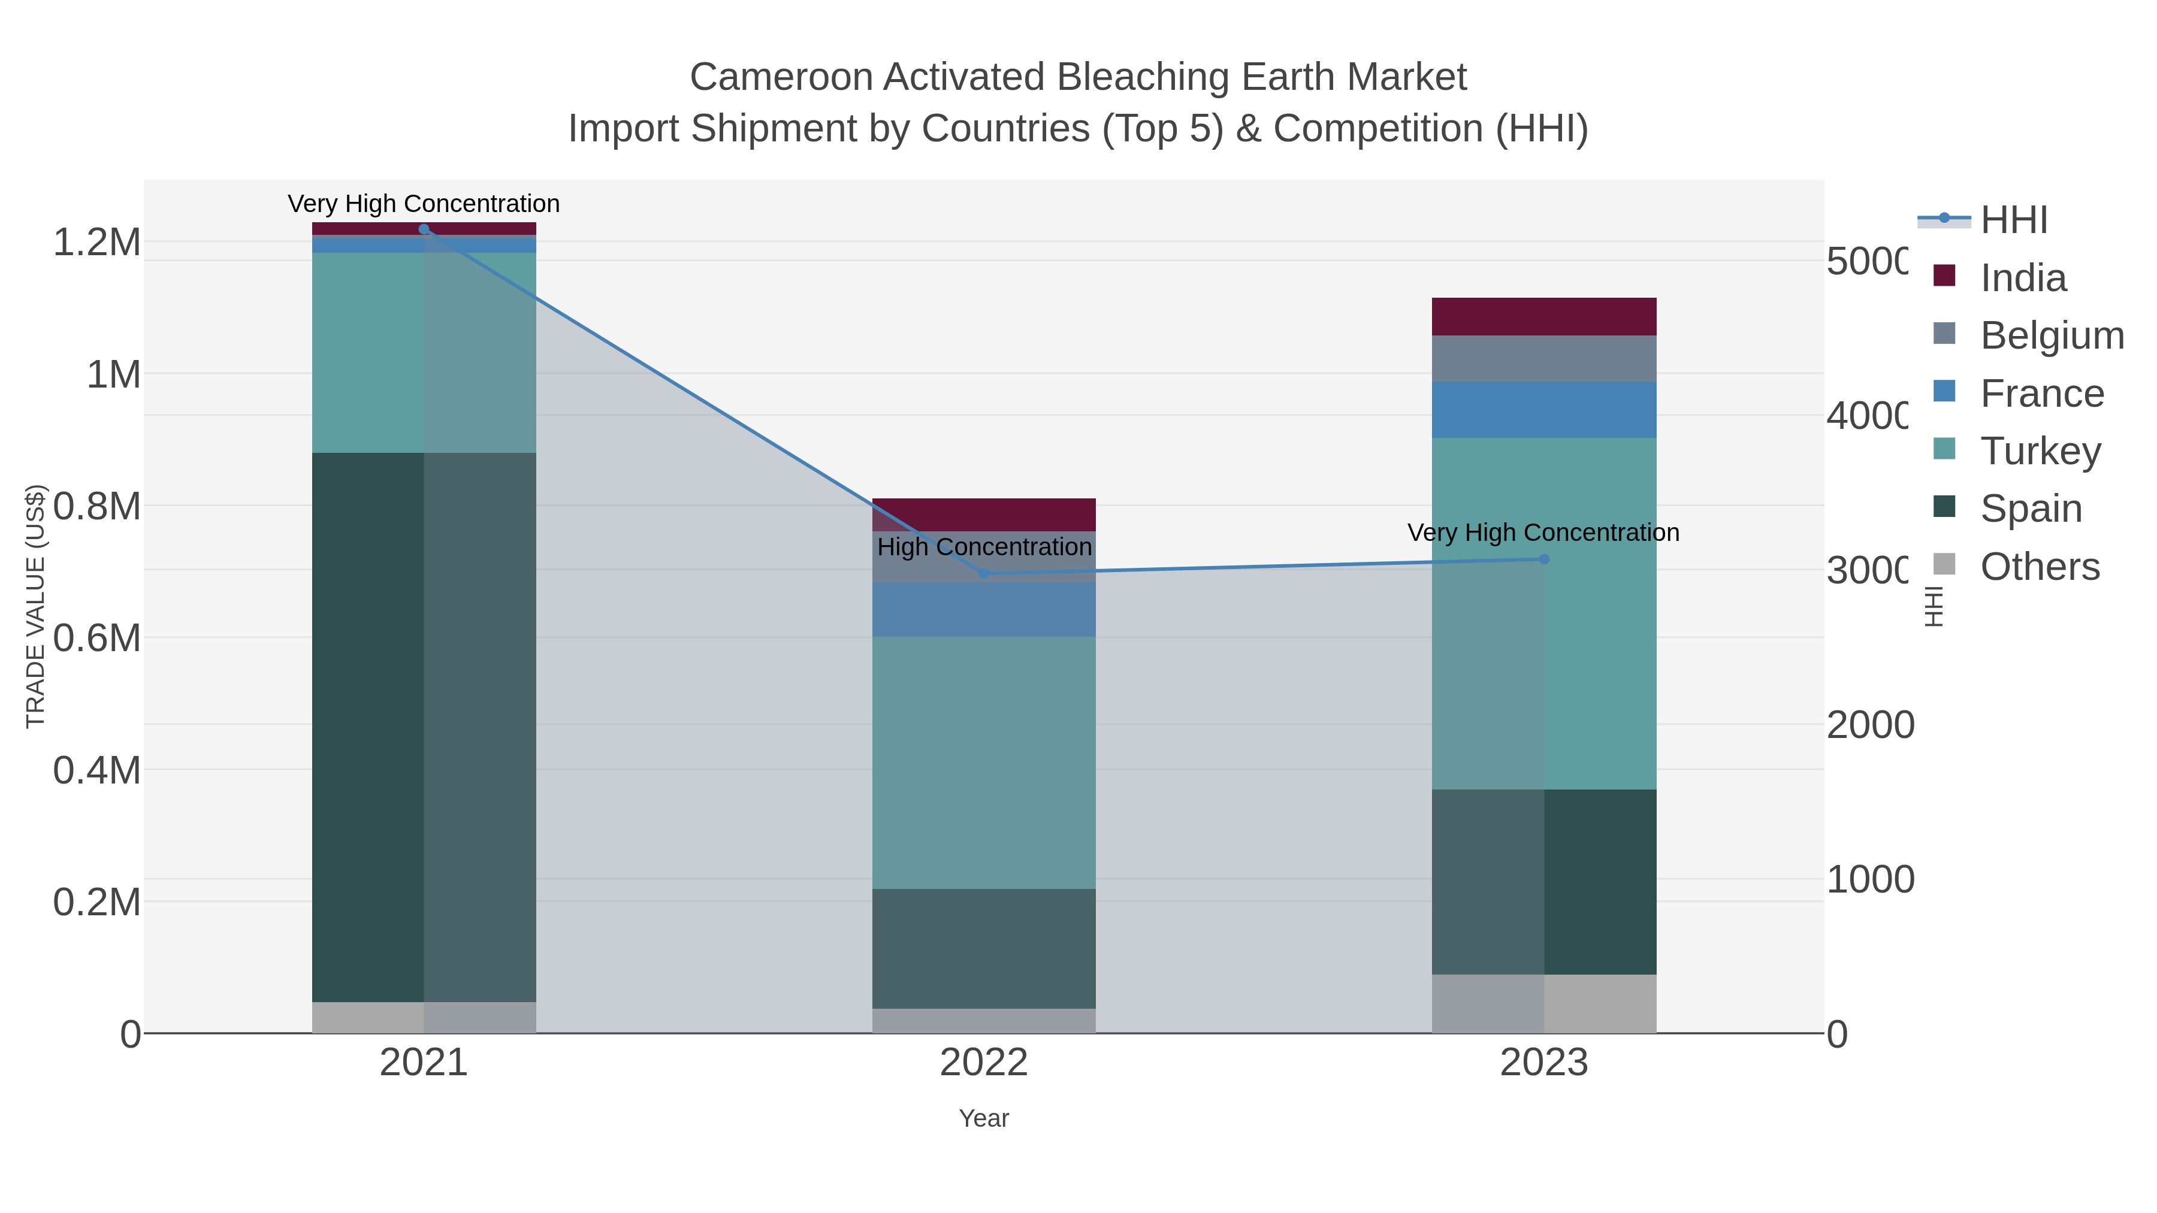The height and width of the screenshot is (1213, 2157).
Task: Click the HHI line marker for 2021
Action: [424, 229]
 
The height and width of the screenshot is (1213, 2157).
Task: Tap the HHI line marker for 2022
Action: [984, 574]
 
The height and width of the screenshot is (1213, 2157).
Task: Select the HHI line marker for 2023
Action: [1544, 559]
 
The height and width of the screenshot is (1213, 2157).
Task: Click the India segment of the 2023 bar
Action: [1544, 316]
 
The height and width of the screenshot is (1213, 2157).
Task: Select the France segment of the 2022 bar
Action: [984, 609]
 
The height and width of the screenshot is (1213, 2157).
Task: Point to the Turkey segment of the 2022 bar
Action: [984, 762]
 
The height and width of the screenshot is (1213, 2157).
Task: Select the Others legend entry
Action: [2040, 567]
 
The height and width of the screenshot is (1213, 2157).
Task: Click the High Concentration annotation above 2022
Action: [984, 547]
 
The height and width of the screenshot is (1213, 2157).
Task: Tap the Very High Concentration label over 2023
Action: [1543, 533]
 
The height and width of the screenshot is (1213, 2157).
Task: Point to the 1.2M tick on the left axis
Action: [97, 243]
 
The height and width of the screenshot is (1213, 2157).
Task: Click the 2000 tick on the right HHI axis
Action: [1869, 725]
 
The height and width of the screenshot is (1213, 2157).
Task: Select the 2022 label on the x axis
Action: [984, 1063]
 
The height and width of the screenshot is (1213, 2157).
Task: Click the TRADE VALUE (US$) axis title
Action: [35, 606]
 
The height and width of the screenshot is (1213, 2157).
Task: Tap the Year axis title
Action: [984, 1118]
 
